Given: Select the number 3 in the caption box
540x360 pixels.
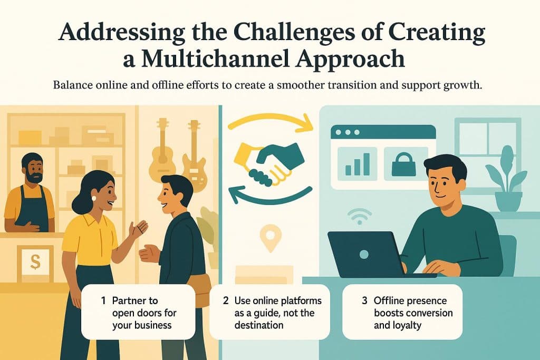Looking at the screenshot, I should (x=364, y=301).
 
